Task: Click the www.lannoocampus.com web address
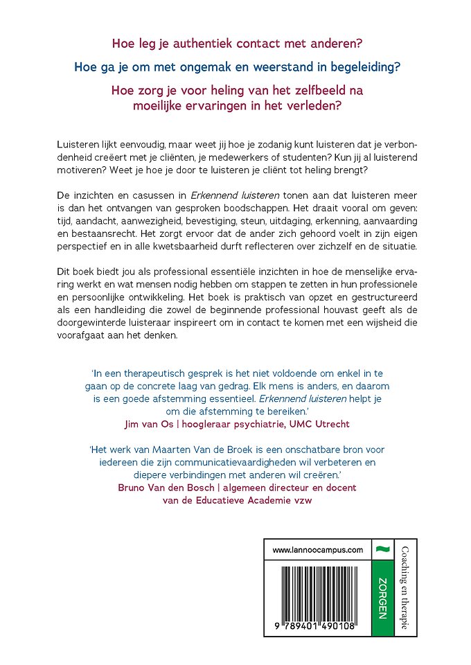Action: [x=318, y=549]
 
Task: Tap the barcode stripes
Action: [x=317, y=595]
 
